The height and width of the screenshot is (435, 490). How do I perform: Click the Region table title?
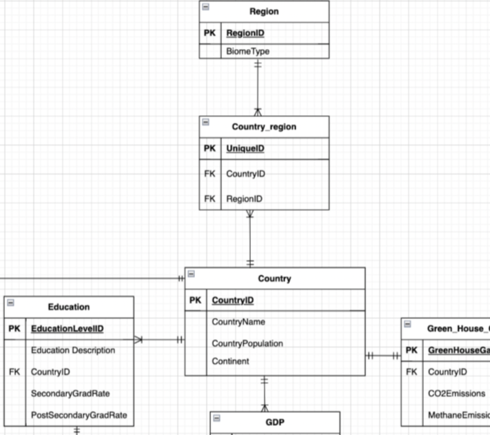point(264,12)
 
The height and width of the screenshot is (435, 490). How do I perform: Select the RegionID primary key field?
point(245,33)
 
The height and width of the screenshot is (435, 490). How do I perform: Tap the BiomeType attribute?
point(247,52)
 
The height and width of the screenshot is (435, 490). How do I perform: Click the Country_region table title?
point(264,127)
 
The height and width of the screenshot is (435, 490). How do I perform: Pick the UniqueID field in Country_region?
point(245,149)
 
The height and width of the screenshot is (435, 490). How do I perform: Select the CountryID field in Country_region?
point(245,174)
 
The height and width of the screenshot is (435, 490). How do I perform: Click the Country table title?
point(274,279)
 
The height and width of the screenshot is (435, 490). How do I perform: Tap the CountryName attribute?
point(238,322)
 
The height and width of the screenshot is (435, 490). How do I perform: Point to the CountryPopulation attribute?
point(247,343)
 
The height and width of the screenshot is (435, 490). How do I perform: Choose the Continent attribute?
point(230,361)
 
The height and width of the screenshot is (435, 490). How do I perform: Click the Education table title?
point(68,307)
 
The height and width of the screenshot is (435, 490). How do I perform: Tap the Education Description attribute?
point(73,350)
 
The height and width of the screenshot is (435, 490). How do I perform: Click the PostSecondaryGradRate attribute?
point(79,415)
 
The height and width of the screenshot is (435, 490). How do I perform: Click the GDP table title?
point(274,422)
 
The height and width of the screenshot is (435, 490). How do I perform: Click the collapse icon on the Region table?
point(205,8)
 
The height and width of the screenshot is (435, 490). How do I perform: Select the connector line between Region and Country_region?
point(258,86)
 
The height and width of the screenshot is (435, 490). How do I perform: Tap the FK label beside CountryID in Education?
point(15,372)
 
